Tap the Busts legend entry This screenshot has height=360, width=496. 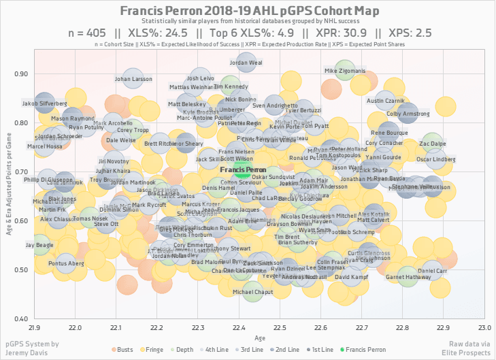[x=124, y=349]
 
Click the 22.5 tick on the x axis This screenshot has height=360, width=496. [x=279, y=327]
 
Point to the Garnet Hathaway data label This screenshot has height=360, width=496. [x=408, y=278]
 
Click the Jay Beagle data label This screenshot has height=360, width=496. [x=38, y=244]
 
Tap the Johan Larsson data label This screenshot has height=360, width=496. [x=133, y=79]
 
